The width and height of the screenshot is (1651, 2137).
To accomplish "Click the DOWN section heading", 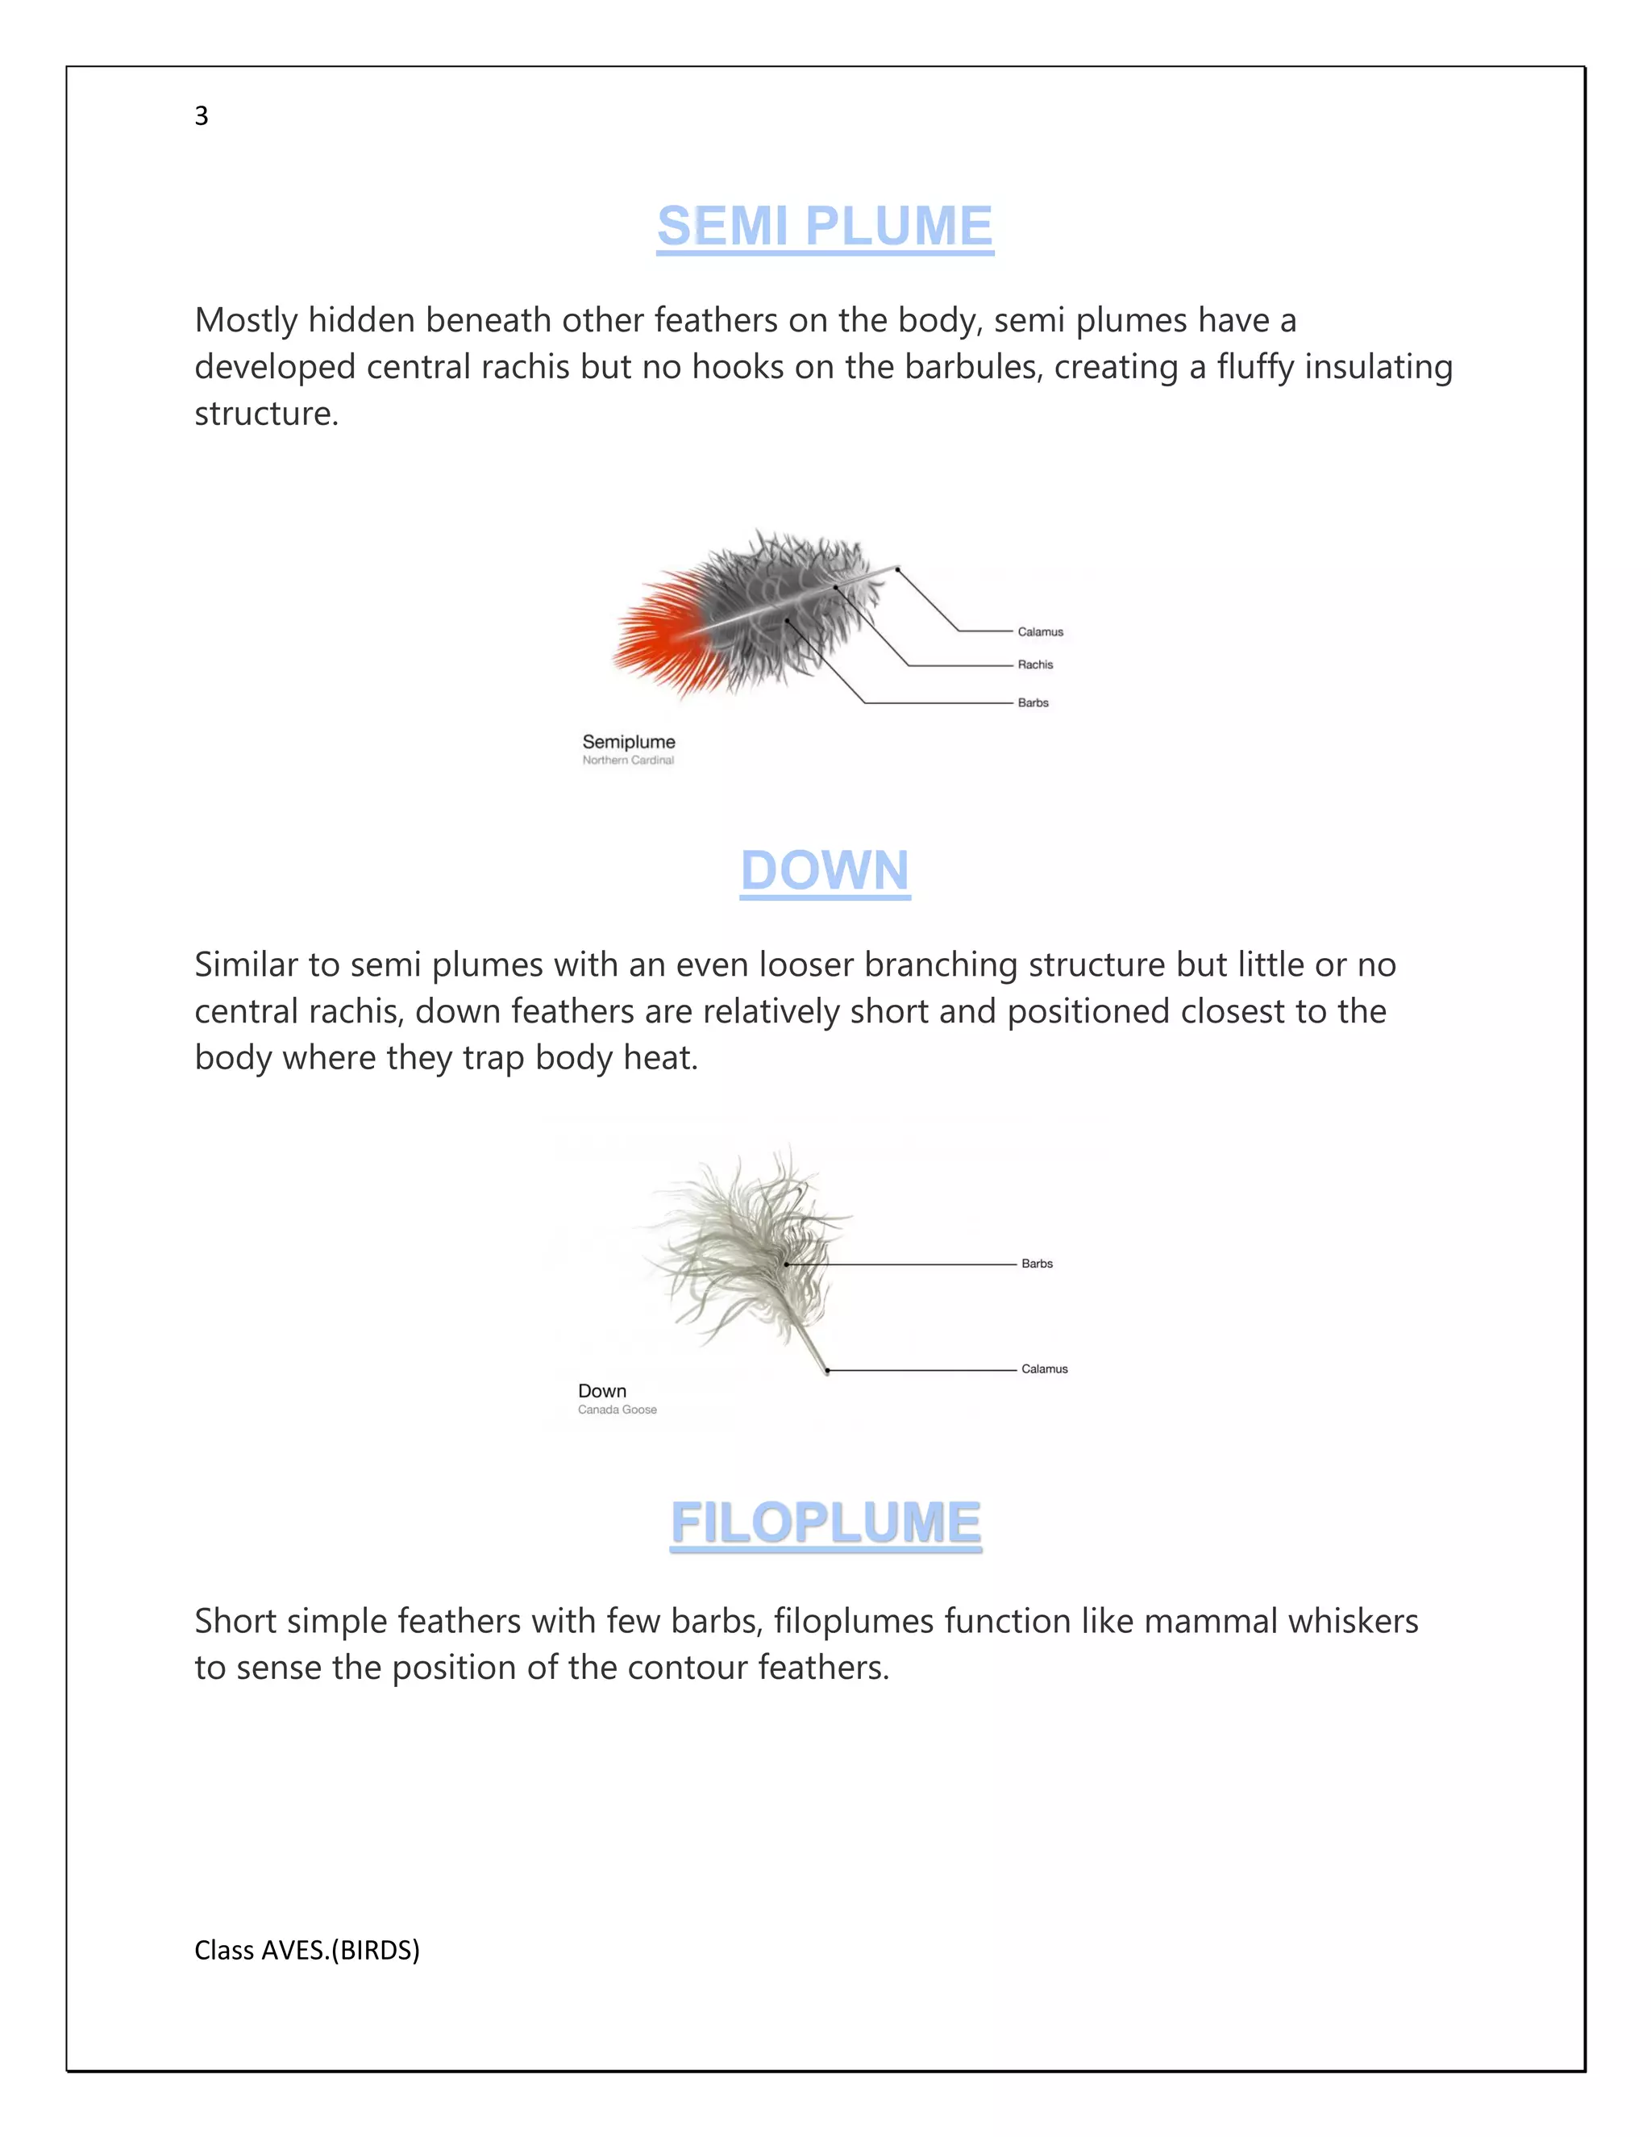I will pyautogui.click(x=825, y=870).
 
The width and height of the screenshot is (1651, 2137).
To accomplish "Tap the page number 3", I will pyautogui.click(x=202, y=116).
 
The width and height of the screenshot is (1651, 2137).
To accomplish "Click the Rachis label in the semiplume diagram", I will pyautogui.click(x=1035, y=664).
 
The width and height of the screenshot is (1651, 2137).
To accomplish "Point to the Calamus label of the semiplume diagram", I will pyautogui.click(x=1040, y=632).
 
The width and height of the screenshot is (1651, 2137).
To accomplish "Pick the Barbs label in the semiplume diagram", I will pyautogui.click(x=1033, y=702).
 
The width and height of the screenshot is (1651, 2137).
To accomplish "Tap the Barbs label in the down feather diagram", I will pyautogui.click(x=1037, y=1263).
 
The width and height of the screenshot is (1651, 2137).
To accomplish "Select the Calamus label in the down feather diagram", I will pyautogui.click(x=1045, y=1369).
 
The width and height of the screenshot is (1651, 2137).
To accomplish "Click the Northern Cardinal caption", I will pyautogui.click(x=628, y=760).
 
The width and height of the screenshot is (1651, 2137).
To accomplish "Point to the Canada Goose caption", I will pyautogui.click(x=618, y=1410).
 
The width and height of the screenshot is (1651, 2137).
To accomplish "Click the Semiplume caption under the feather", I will pyautogui.click(x=629, y=742).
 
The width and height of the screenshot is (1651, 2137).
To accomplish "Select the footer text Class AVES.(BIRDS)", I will pyautogui.click(x=307, y=1950).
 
